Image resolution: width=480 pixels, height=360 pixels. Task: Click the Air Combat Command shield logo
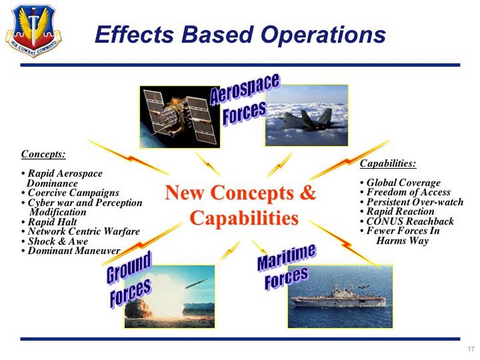[34, 31]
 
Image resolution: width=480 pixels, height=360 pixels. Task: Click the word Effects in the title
[134, 34]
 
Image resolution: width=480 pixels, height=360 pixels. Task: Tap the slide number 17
[471, 349]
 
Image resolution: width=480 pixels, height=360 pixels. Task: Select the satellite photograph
[179, 117]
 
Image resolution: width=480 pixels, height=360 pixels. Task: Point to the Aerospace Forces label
[244, 100]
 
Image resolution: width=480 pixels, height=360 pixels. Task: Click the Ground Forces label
[129, 279]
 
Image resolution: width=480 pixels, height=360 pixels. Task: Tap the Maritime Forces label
[286, 266]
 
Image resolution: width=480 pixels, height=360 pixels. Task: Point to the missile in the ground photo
[196, 283]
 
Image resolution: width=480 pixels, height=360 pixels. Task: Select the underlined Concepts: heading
[43, 154]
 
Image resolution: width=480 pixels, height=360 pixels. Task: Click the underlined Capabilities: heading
[388, 163]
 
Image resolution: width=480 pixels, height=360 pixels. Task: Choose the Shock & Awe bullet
[55, 241]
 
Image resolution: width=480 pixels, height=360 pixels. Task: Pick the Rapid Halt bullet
[49, 222]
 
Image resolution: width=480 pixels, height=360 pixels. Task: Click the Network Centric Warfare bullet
[81, 232]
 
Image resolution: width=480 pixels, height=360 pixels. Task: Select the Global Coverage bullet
[400, 183]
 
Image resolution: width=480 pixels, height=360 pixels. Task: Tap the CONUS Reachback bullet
[407, 221]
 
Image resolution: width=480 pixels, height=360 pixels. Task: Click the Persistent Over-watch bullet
[412, 202]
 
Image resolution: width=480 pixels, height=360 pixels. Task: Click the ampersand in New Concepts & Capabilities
[307, 193]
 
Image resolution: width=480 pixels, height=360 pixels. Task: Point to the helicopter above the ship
[363, 287]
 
